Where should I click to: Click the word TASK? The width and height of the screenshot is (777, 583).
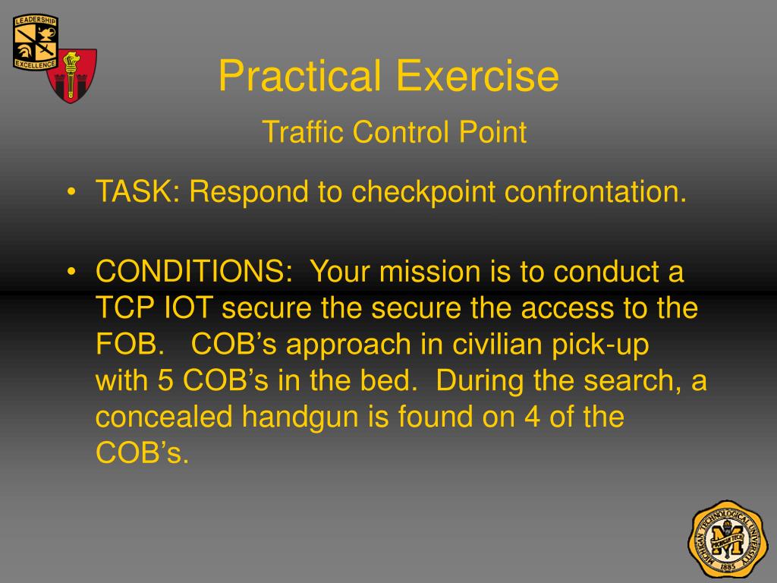coord(137,192)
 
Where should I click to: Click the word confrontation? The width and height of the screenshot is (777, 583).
coord(596,192)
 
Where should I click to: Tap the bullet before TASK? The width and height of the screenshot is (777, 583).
coord(71,193)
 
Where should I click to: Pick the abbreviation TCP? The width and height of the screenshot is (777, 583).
coord(124,308)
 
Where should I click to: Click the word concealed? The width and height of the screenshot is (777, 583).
coord(165,418)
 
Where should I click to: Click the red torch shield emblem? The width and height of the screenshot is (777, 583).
coord(72,76)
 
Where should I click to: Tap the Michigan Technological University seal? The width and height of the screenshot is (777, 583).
coord(728,538)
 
